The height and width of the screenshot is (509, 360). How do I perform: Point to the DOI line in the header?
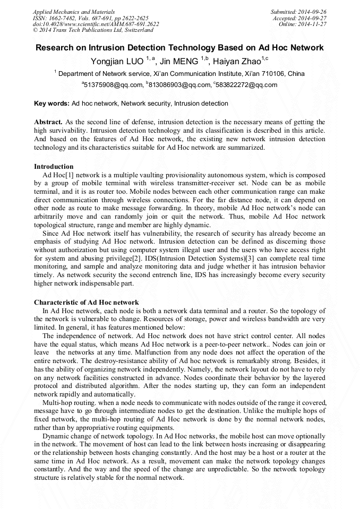coord(96,24)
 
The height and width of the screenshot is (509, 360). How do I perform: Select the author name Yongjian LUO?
coord(117,61)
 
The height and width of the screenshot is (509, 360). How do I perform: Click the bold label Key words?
coord(52,103)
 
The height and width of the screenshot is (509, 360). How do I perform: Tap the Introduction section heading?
coord(54,167)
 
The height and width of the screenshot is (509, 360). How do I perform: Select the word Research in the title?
coord(56,48)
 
